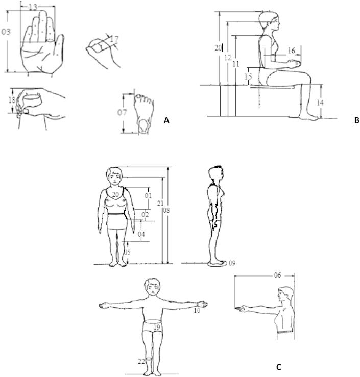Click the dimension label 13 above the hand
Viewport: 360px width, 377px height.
tap(33, 7)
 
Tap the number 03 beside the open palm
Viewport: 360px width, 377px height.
tap(6, 32)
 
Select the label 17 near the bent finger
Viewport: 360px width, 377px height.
tap(114, 39)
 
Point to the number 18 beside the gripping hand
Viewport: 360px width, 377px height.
tap(12, 100)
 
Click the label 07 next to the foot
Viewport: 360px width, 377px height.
tap(122, 112)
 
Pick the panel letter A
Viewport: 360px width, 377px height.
tap(166, 120)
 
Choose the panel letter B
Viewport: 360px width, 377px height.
tap(357, 120)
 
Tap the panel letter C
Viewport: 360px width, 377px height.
tap(279, 367)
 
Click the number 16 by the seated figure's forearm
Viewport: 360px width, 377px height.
tap(292, 51)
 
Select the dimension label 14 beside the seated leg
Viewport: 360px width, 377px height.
tap(320, 103)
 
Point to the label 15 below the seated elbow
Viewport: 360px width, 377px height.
tap(248, 77)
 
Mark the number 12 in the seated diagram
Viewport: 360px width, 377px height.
tap(227, 58)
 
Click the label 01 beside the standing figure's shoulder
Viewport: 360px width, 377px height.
tap(148, 195)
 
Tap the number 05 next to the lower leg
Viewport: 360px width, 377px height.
tap(127, 253)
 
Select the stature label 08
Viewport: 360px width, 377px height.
tap(166, 210)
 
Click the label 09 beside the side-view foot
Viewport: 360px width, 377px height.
tap(232, 263)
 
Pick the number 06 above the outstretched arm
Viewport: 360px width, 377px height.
tap(277, 275)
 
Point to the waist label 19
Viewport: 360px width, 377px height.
tap(157, 327)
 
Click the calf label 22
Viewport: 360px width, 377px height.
tap(141, 361)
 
